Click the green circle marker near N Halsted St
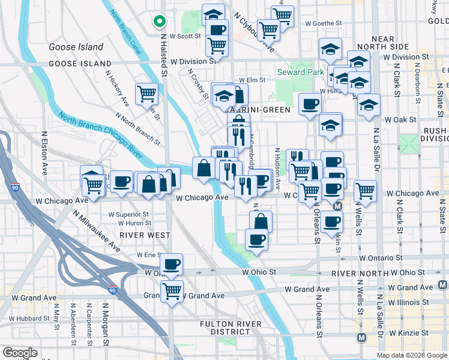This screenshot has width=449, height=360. click(x=159, y=22)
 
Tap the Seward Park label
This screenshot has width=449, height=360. click(x=296, y=73)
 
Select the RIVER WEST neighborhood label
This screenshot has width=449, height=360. click(x=145, y=235)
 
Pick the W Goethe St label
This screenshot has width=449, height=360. click(x=323, y=23)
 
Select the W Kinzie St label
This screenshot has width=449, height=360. click(x=409, y=332)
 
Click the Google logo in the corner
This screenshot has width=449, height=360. click(x=20, y=353)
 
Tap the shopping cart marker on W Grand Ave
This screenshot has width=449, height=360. click(x=172, y=291)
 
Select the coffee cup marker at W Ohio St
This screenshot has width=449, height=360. click(x=172, y=264)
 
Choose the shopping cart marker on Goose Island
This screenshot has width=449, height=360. click(x=146, y=93)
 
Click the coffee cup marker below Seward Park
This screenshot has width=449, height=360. click(x=310, y=104)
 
